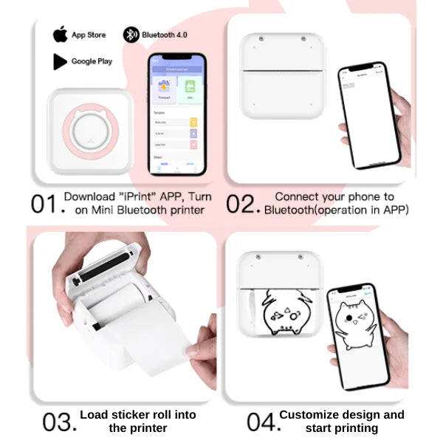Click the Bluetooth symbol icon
[x=131, y=34]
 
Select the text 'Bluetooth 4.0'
[x=165, y=34]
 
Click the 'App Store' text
[x=89, y=35]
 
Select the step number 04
[x=261, y=422]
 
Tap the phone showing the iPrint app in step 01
[x=175, y=114]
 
